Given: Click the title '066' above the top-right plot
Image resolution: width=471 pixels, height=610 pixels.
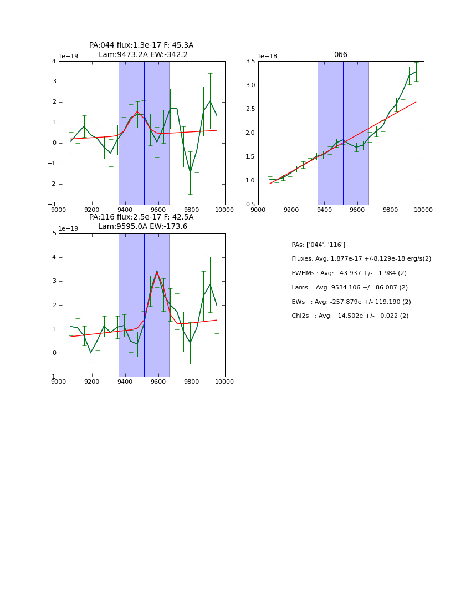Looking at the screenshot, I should (340, 55).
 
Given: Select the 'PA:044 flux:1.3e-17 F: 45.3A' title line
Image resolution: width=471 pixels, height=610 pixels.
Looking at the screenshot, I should (141, 45).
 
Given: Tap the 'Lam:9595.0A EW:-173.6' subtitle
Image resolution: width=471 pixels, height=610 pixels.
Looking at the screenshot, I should (142, 227).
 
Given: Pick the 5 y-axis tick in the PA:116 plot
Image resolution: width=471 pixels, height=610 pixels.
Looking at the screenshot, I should (54, 233).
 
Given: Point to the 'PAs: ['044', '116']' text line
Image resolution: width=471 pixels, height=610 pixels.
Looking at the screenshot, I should (318, 245).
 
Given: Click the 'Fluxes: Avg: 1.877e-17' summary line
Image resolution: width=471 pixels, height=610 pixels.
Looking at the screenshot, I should (361, 259).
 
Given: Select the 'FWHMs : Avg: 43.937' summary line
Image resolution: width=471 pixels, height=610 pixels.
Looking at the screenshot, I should (349, 273).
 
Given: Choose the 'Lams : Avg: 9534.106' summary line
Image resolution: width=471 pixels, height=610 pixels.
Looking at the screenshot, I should (350, 288).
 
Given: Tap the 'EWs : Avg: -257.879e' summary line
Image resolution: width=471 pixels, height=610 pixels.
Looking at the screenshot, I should (351, 302).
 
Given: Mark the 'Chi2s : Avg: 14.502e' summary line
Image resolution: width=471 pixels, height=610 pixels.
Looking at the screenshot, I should (350, 316).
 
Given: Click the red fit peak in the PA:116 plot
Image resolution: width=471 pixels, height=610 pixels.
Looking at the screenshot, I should (157, 272).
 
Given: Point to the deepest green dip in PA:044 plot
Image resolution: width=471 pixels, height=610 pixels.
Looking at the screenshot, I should (190, 172).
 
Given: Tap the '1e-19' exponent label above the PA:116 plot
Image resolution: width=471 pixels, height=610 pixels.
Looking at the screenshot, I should (68, 229).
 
